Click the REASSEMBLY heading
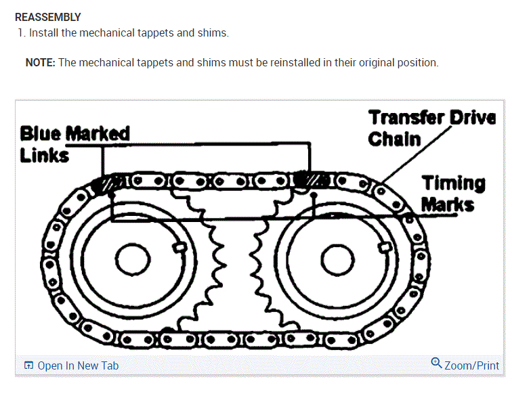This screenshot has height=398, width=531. pos(47,17)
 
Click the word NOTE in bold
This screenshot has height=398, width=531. pos(40,63)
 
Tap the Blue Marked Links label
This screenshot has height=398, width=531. pos(74,143)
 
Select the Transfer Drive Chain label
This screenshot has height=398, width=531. pos(432,128)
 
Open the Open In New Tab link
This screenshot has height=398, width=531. pos(77,366)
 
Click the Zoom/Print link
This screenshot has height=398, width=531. pos(471,366)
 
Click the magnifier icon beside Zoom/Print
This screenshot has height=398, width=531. pos(437,363)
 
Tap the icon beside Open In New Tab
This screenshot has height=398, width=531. pos(28,366)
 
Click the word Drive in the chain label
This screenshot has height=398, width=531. pos(473,118)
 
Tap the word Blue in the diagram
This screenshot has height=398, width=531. pos(41,133)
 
